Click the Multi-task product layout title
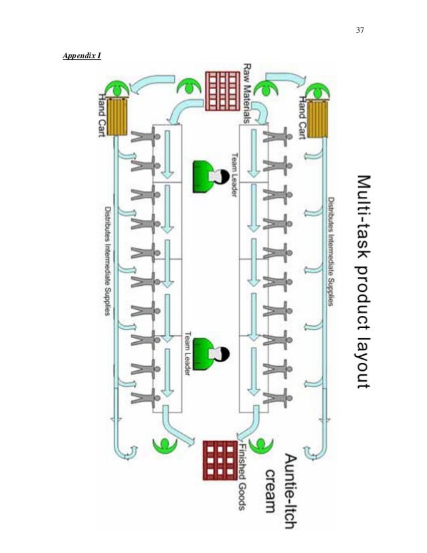(x=362, y=281)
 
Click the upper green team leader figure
(x=209, y=176)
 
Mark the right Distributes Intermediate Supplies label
(x=331, y=251)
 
